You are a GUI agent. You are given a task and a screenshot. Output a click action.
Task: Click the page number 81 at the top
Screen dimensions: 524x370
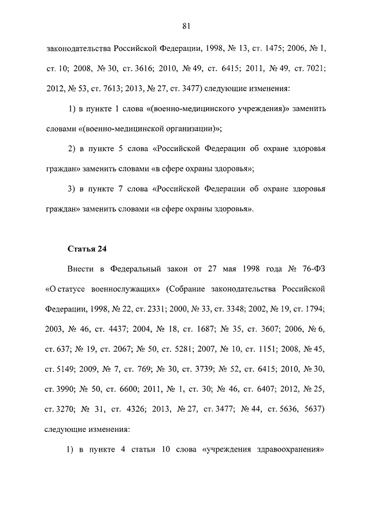click(x=186, y=25)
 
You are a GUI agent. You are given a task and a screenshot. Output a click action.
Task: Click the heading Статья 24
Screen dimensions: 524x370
click(x=87, y=250)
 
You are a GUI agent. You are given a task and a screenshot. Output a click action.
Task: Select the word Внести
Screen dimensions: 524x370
click(x=80, y=270)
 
